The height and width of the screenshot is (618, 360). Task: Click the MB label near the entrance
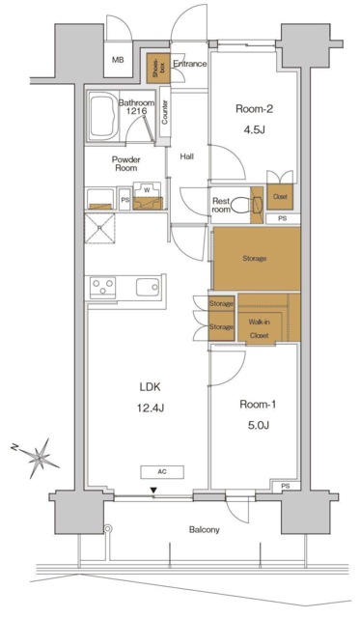point(118,60)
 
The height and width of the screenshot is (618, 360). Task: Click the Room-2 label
point(254,109)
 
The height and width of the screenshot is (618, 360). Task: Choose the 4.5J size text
point(254,130)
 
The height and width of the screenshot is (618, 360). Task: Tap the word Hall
point(186,156)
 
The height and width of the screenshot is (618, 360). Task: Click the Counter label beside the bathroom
point(165,112)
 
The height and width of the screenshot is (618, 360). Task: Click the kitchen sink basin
point(148,287)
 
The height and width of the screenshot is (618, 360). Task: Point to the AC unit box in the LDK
point(162,472)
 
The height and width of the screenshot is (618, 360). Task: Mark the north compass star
point(39,458)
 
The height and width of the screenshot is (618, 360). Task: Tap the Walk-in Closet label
point(259,328)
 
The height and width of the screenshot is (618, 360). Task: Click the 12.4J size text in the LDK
point(150,408)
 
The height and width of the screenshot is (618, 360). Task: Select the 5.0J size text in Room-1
point(258,426)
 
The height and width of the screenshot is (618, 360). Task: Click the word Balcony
point(204,529)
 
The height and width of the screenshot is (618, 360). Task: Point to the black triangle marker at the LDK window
point(153,491)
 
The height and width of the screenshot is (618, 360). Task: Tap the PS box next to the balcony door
point(285,487)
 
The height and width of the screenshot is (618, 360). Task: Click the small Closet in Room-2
point(280,196)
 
